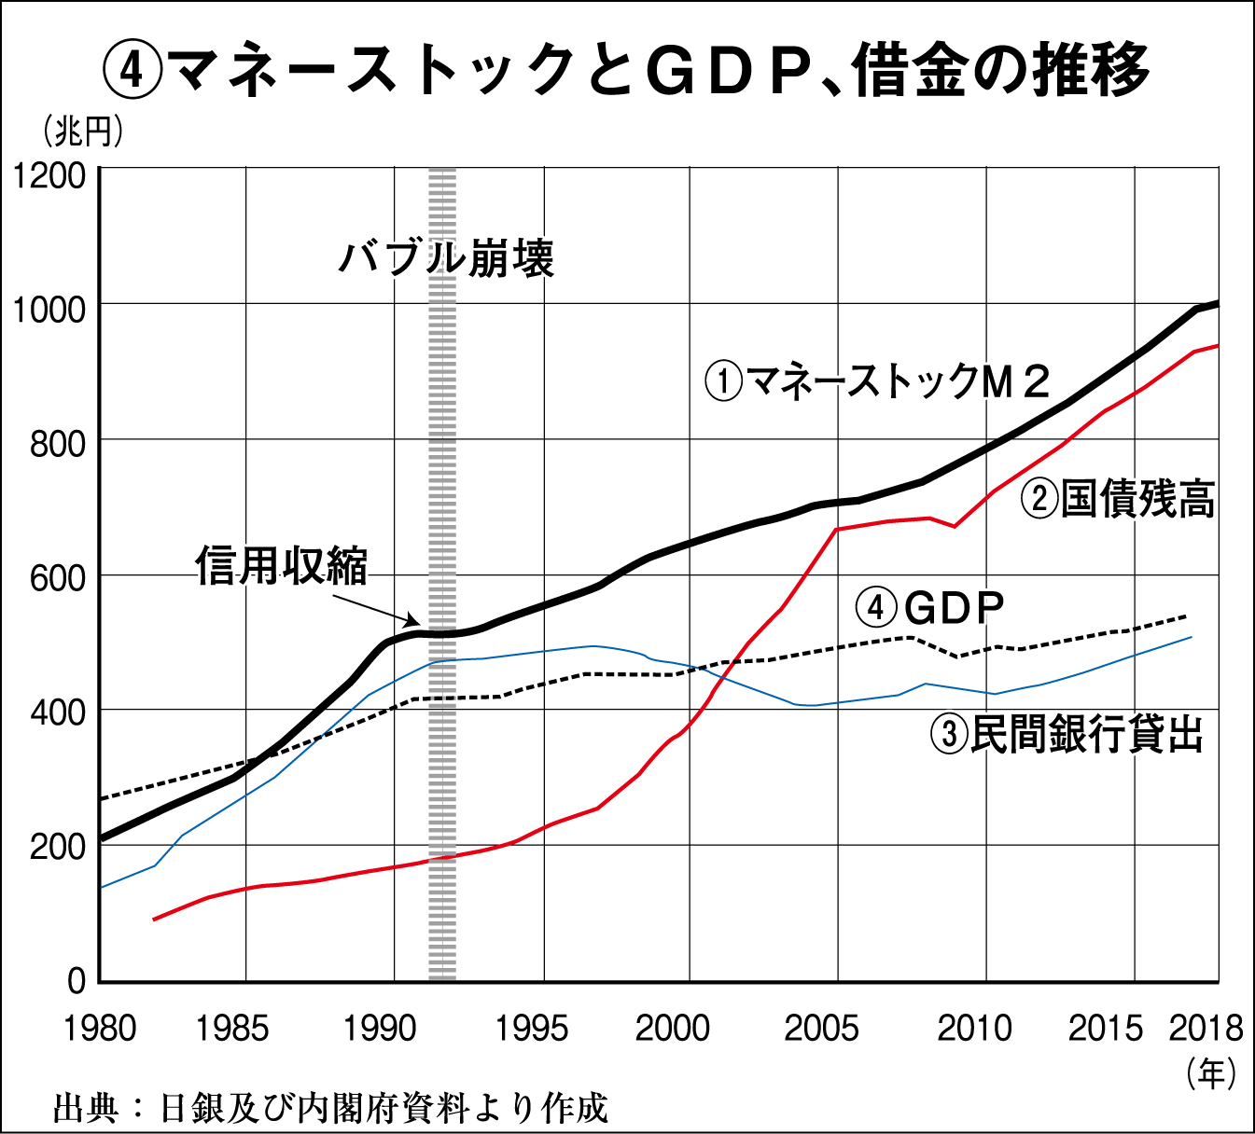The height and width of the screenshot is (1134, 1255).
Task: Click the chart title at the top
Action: [627, 71]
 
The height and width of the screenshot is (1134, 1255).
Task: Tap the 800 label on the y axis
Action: [57, 444]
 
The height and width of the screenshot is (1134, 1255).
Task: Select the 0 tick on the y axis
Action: [76, 980]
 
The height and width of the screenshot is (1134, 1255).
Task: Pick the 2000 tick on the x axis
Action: [673, 1029]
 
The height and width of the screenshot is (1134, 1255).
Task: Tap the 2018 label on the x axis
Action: [1206, 1029]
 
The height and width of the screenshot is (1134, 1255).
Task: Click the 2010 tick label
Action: [974, 1029]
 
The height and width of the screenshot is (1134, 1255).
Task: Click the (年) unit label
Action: [1211, 1072]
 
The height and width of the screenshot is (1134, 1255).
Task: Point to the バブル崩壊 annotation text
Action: [446, 257]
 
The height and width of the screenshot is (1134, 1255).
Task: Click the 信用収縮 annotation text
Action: [281, 566]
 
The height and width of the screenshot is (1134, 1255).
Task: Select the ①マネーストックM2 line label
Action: [878, 381]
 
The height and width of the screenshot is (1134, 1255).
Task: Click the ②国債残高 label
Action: [1118, 499]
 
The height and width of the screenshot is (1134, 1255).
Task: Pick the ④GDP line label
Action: [930, 608]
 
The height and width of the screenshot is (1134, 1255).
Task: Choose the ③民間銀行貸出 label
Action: [1067, 734]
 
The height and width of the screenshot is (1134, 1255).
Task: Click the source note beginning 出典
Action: [331, 1108]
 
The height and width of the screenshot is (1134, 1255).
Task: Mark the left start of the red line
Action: [154, 920]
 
